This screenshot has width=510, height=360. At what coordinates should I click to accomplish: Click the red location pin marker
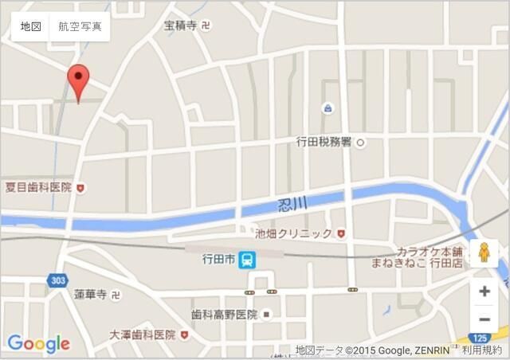[77, 80]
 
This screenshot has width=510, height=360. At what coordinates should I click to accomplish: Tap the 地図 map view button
[30, 26]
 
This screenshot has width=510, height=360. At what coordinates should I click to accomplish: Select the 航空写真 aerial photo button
[80, 26]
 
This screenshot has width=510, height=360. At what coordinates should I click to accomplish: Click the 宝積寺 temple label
[180, 25]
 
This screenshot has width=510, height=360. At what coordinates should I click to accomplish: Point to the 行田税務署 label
[324, 142]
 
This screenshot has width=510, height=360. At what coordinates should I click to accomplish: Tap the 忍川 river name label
[292, 204]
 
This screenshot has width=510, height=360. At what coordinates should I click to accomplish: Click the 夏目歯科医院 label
[38, 188]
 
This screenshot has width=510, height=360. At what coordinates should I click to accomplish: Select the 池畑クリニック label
[293, 233]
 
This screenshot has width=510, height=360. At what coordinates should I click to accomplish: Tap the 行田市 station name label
[218, 260]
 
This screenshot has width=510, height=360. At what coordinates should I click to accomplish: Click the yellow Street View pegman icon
[484, 252]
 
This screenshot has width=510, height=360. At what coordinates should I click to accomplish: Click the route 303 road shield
[57, 280]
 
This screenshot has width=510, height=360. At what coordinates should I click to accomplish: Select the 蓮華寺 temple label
[90, 295]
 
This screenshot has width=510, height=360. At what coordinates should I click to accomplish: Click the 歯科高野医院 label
[224, 315]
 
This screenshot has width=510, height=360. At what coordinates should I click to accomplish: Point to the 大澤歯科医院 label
[142, 335]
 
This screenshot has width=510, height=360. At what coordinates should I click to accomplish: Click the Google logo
[38, 344]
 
